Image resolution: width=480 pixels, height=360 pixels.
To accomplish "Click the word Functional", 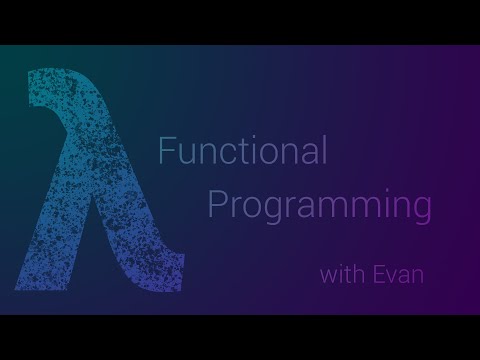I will (x=243, y=152).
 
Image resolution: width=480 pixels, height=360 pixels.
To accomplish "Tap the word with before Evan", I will (x=340, y=273).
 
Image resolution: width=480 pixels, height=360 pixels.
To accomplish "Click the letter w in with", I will (x=327, y=274).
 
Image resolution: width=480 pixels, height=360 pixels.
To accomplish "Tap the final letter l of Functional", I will (x=324, y=151).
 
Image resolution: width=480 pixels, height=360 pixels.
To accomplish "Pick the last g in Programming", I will (x=420, y=212).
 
